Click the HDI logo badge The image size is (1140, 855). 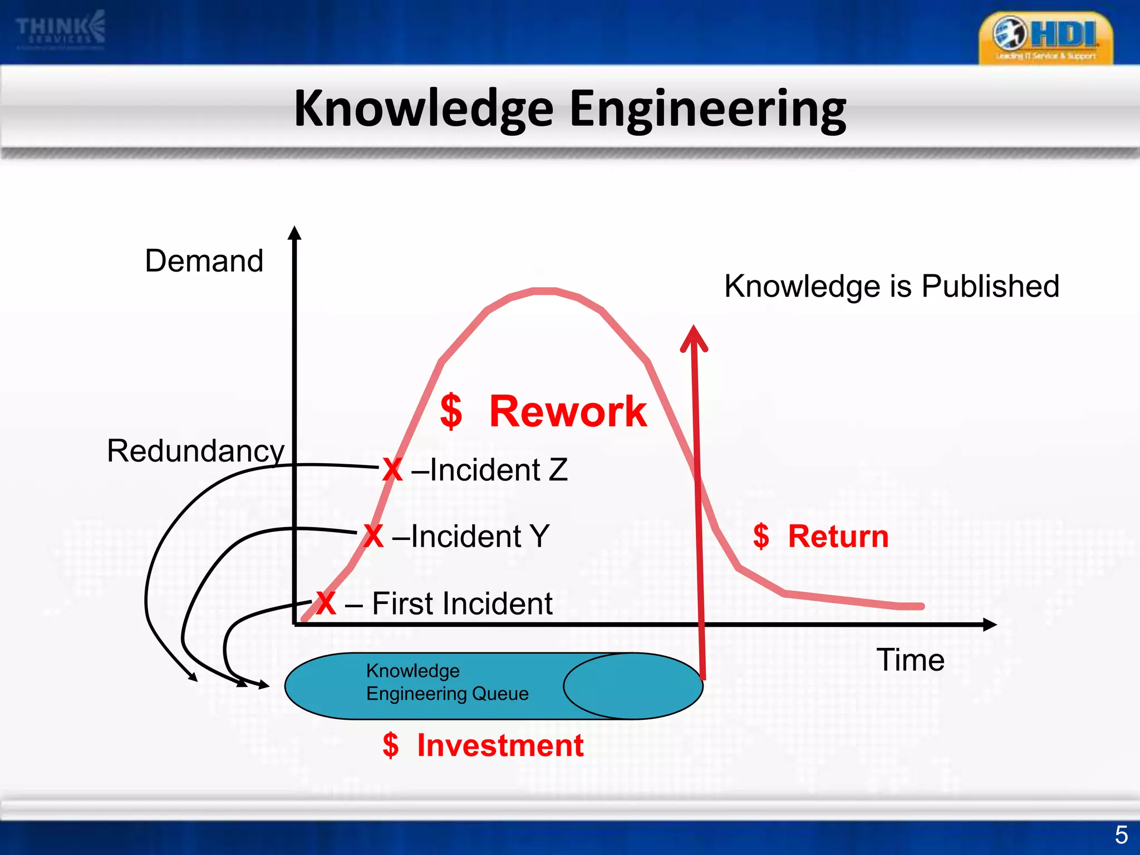1045,38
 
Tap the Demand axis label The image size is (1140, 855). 204,261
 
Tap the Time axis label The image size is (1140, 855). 910,660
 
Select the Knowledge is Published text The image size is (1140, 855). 891,286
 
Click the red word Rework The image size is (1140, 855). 568,411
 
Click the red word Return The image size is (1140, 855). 838,537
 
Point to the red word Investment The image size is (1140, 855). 500,745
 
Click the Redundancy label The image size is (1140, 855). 195,450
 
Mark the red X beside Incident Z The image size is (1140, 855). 392,470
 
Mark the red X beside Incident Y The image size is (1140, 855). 373,537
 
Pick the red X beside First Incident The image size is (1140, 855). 326,603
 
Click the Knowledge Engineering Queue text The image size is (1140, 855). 446,682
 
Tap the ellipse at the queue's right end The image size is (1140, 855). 633,686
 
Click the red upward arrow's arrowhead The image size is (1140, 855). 694,337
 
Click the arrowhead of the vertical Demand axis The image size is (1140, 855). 295,233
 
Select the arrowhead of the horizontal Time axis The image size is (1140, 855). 990,625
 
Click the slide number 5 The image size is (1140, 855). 1121,835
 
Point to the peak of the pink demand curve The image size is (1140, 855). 544,291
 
